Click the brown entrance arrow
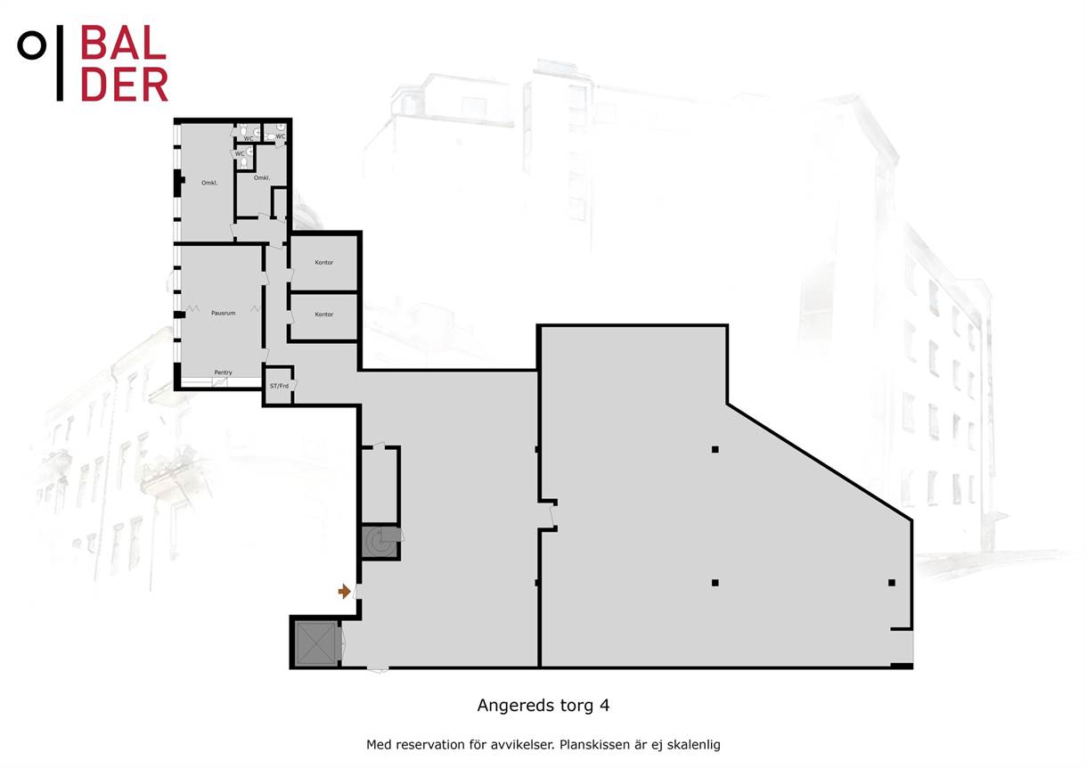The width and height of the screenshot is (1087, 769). [x=344, y=592]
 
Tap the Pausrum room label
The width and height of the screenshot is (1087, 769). [x=224, y=313]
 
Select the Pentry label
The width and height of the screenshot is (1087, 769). [x=224, y=372]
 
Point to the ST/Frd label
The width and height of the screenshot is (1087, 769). [x=279, y=386]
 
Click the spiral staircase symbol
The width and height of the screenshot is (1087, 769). [x=380, y=542]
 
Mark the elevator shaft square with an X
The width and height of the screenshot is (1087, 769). [x=316, y=643]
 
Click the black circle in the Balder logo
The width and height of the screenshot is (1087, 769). [x=32, y=45]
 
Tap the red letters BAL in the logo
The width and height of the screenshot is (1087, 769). [x=124, y=43]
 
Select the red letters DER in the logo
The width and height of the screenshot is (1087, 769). [x=125, y=85]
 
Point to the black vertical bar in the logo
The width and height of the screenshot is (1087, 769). [x=60, y=63]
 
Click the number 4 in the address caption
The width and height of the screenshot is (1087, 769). [x=604, y=705]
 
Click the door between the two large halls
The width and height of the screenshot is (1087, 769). [x=552, y=516]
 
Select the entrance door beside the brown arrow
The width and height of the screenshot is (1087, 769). [x=356, y=592]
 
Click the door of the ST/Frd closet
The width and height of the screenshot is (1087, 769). [x=293, y=386]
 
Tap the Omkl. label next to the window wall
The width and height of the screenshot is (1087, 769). [x=209, y=183]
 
